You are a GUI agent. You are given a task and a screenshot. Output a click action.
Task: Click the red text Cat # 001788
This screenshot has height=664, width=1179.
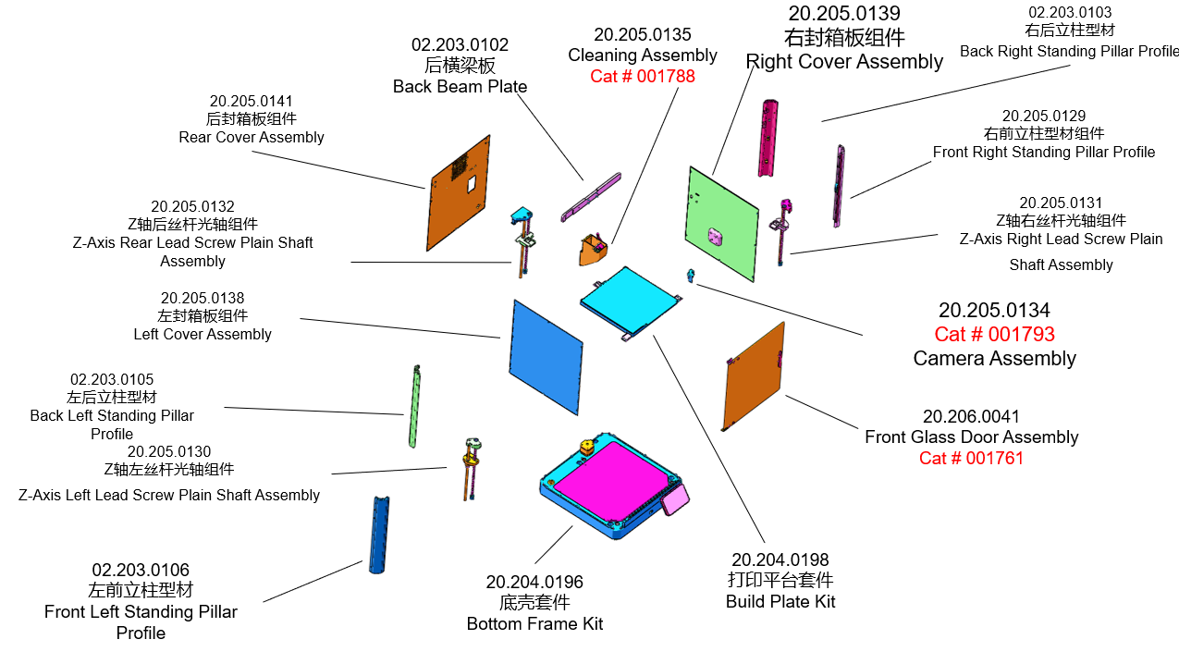(x=643, y=77)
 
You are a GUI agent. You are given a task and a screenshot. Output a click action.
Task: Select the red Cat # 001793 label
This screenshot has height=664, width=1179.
(x=994, y=334)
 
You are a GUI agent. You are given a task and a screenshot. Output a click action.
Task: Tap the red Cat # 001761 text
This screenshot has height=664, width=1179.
(x=971, y=458)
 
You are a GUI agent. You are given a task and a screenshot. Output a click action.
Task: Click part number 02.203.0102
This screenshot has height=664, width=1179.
(x=460, y=44)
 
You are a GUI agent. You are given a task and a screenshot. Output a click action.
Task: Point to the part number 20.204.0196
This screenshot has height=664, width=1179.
(x=534, y=582)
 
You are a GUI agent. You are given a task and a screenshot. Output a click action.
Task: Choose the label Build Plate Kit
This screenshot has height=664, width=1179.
(x=780, y=602)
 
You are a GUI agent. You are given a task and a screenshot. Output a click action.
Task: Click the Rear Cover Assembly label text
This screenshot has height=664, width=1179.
(x=252, y=137)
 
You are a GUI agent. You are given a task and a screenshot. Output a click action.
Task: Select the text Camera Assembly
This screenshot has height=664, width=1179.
(x=994, y=359)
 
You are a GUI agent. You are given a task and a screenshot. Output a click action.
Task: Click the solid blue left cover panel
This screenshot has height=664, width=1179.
(x=546, y=350)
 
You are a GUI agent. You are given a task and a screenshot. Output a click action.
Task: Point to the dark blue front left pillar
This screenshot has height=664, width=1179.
(x=379, y=535)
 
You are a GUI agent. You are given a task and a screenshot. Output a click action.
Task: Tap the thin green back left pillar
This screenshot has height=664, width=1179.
(x=414, y=407)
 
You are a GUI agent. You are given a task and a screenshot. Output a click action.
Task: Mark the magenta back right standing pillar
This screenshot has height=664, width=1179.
(x=768, y=138)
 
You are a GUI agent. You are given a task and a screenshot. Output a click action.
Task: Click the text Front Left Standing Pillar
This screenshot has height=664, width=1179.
(x=141, y=612)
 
